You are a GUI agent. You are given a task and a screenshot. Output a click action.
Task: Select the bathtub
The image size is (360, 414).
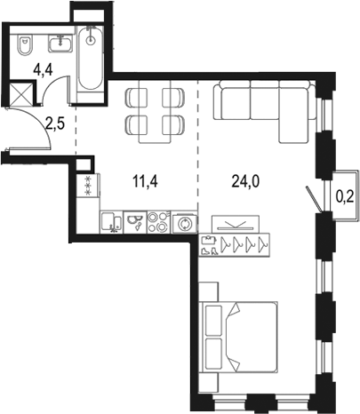[91, 61]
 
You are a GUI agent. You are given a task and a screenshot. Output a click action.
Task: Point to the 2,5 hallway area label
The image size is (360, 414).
[54, 124]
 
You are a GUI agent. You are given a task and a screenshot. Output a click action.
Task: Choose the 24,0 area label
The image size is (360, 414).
[234, 187]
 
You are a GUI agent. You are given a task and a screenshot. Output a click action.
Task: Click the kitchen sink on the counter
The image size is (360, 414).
[112, 222]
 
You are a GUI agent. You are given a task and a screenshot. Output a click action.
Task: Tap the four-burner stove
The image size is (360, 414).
[158, 221]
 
